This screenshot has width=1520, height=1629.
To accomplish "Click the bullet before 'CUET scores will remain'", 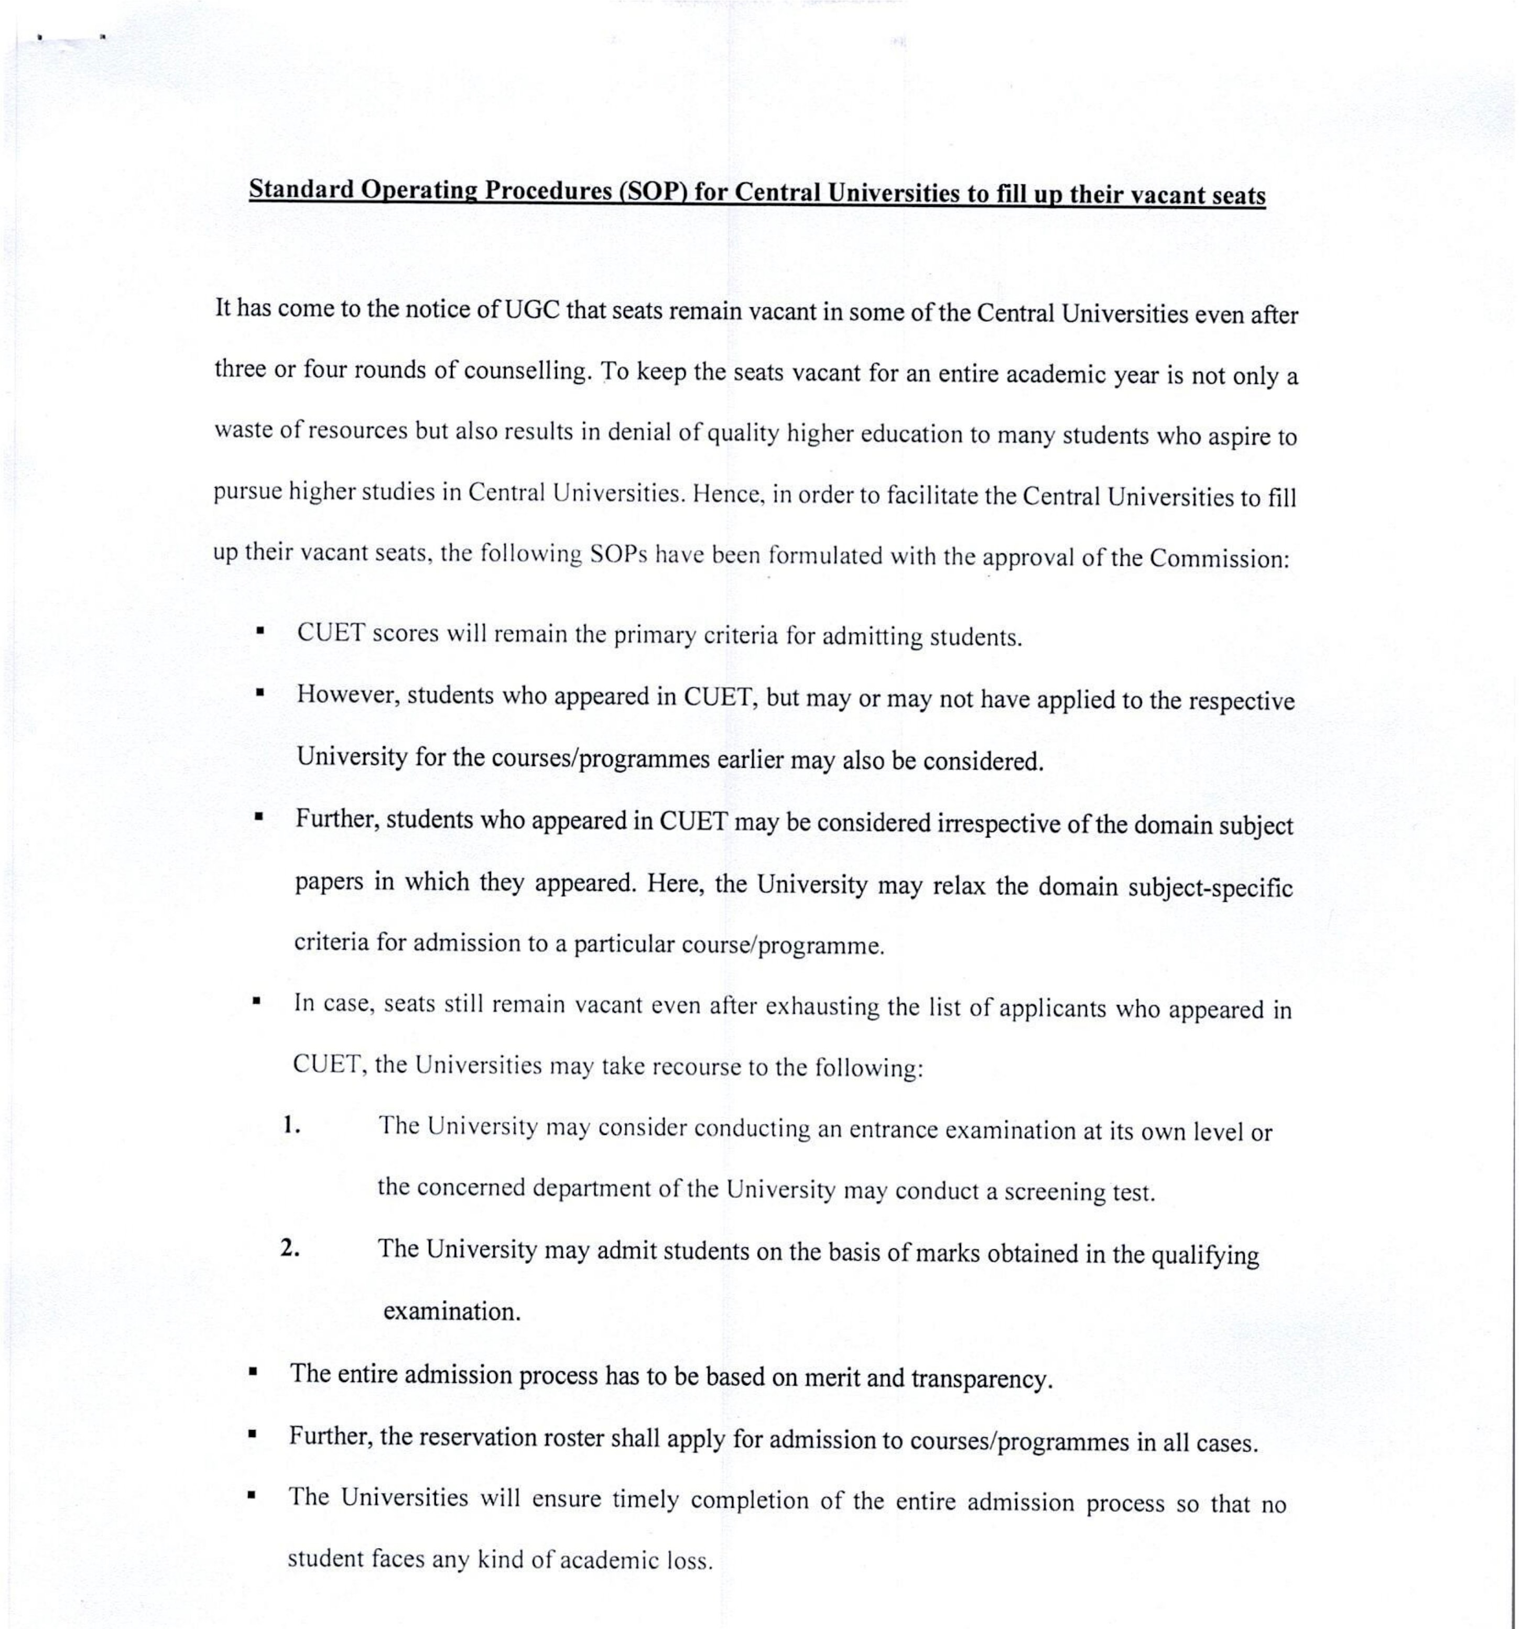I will click(260, 631).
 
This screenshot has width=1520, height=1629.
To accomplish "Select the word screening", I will click(1054, 1191).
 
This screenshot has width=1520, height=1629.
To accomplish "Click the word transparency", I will click(982, 1379).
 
